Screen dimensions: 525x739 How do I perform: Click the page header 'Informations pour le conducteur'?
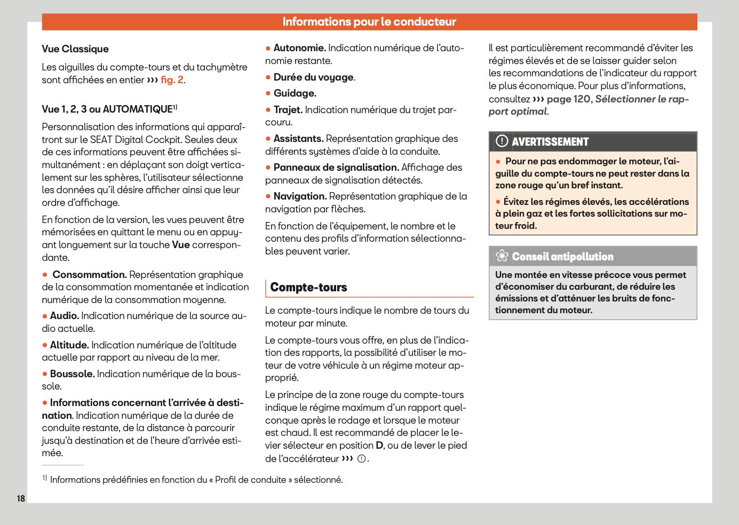pos(369,22)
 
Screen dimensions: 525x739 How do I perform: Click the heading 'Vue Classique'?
pos(75,49)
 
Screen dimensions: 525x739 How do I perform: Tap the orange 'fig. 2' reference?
pos(172,80)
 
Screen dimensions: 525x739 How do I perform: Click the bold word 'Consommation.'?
pos(89,275)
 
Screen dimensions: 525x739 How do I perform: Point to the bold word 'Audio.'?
pos(64,316)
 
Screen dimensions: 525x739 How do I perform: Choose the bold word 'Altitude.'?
pos(69,345)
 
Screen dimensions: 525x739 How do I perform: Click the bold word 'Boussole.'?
pos(72,374)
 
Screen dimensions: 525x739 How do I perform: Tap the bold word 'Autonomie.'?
pos(299,48)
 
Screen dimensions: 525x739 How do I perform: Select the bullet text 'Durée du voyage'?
pos(314,77)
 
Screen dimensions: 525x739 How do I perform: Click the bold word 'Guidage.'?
pos(295,93)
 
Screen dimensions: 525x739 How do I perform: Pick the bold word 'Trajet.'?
pos(288,110)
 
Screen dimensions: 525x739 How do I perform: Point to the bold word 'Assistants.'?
pos(298,139)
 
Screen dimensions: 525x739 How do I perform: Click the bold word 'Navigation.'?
pos(300,196)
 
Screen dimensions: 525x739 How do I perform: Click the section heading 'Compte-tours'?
pos(308,288)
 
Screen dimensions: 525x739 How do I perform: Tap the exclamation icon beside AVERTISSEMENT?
pos(502,141)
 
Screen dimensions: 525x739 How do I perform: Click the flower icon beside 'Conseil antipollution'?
pos(502,256)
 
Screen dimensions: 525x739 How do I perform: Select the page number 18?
pos(21,498)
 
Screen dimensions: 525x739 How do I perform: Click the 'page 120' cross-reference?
pos(569,99)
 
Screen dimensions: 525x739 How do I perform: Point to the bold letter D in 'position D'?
pos(379,446)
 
